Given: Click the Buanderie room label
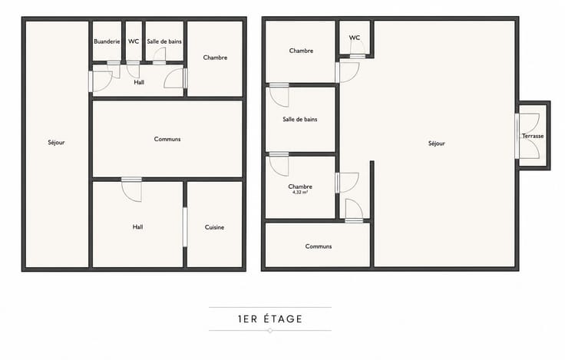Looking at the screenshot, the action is pyautogui.click(x=107, y=41).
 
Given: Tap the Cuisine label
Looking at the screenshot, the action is pyautogui.click(x=214, y=227).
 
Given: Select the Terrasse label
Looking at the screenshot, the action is pyautogui.click(x=533, y=136).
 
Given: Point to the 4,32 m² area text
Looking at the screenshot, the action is pyautogui.click(x=300, y=193).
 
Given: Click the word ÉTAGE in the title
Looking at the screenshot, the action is pyautogui.click(x=282, y=319).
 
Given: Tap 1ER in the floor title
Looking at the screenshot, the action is pyautogui.click(x=247, y=319).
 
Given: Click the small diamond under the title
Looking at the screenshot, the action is pyautogui.click(x=270, y=331).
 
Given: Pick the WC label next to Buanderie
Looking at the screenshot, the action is pyautogui.click(x=134, y=41).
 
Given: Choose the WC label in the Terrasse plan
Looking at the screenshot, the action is pyautogui.click(x=354, y=38).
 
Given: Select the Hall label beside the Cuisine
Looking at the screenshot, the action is pyautogui.click(x=137, y=226).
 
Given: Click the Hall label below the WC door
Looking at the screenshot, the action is pyautogui.click(x=139, y=82).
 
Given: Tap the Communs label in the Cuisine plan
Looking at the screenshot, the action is pyautogui.click(x=167, y=139).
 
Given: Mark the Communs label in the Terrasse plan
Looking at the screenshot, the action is pyautogui.click(x=318, y=246).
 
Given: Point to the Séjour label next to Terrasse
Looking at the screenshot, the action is pyautogui.click(x=436, y=144).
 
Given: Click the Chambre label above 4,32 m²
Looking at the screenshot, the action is pyautogui.click(x=300, y=187).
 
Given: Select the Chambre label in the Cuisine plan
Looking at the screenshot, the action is pyautogui.click(x=215, y=58).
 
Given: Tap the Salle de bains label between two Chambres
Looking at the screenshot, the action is pyautogui.click(x=300, y=119).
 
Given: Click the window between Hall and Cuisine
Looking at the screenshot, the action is pyautogui.click(x=185, y=227).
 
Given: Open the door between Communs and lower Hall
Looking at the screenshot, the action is pyautogui.click(x=131, y=189).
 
